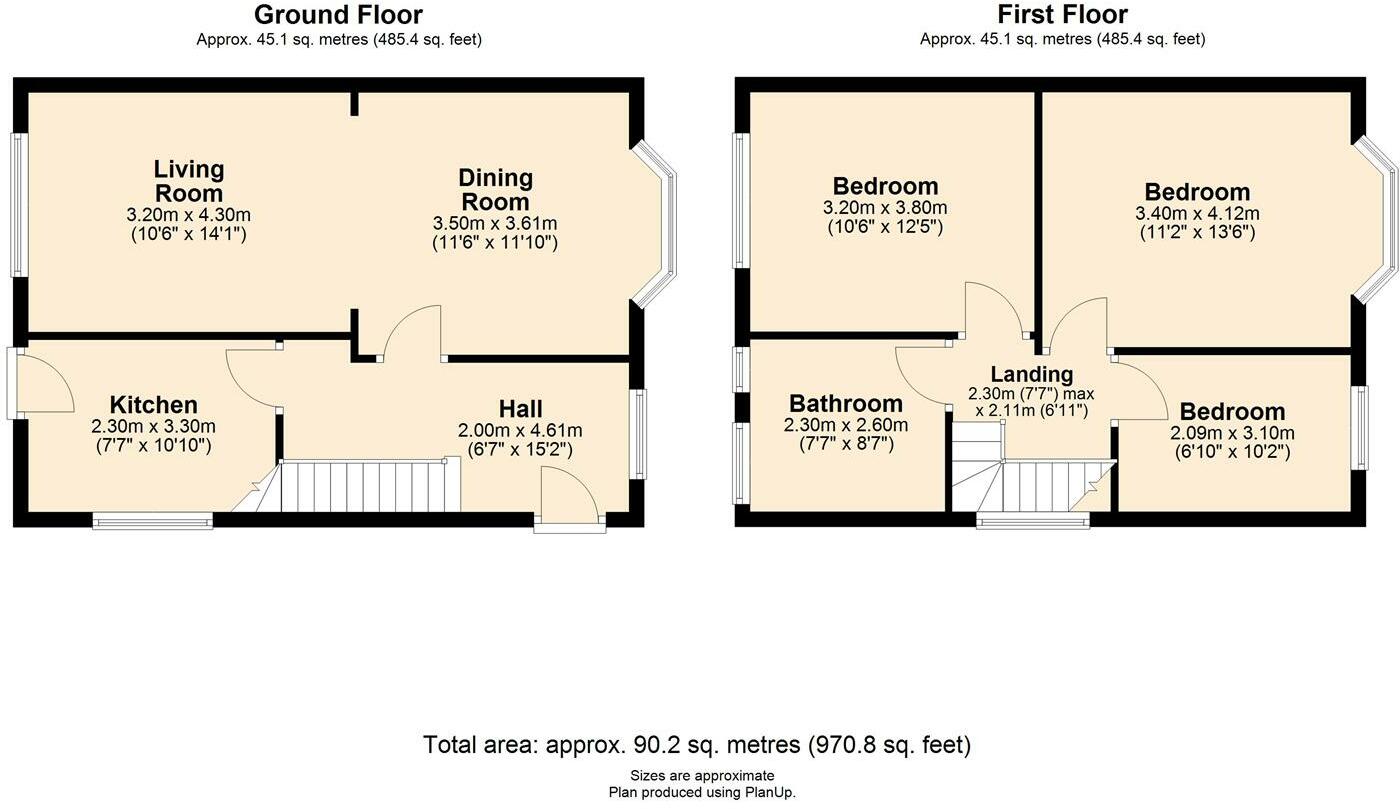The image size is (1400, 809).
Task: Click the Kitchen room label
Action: (x=154, y=404)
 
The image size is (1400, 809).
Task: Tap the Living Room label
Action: (x=189, y=181)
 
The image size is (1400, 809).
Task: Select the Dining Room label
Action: (x=495, y=189)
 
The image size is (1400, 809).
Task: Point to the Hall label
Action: (x=521, y=409)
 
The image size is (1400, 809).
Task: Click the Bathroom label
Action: (x=846, y=403)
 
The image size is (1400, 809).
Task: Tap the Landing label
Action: (x=1032, y=374)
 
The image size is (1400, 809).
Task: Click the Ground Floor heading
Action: (x=338, y=14)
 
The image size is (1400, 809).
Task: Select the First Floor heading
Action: (x=1062, y=14)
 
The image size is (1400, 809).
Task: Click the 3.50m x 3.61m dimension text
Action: (x=495, y=223)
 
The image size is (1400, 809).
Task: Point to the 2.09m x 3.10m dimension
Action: (x=1232, y=433)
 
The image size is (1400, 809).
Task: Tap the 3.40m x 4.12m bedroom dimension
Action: (x=1198, y=213)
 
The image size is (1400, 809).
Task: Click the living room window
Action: (x=19, y=204)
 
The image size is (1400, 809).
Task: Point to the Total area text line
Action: (x=697, y=745)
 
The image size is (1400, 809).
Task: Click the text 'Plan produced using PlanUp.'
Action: (x=702, y=793)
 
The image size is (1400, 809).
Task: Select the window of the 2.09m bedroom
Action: (x=1359, y=428)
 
